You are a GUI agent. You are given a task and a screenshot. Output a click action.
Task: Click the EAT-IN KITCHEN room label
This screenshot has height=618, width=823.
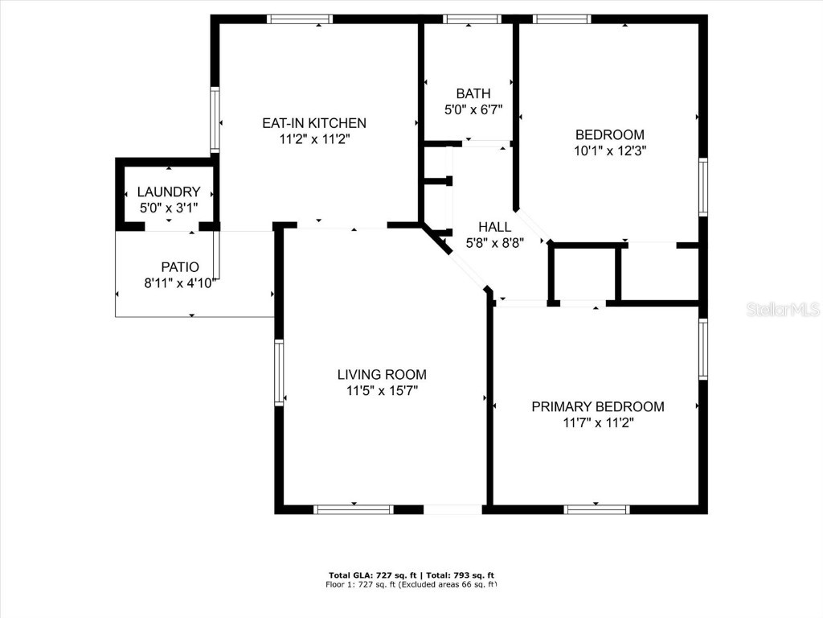pyautogui.click(x=314, y=123)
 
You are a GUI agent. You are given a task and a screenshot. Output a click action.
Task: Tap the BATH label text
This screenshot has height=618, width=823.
pyautogui.click(x=473, y=94)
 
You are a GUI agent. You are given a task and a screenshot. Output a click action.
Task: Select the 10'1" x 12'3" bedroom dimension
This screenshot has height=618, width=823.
pyautogui.click(x=610, y=150)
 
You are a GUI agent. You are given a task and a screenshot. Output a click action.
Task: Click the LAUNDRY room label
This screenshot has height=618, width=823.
pyautogui.click(x=168, y=192)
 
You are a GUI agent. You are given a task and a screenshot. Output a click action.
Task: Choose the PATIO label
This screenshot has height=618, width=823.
pyautogui.click(x=180, y=267)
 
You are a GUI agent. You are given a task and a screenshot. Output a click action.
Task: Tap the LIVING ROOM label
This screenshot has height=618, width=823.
pyautogui.click(x=382, y=374)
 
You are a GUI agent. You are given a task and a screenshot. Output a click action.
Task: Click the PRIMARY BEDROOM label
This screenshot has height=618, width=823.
pyautogui.click(x=598, y=406)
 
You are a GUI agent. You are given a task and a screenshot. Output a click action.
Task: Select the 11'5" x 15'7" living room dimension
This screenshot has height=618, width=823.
pyautogui.click(x=382, y=390)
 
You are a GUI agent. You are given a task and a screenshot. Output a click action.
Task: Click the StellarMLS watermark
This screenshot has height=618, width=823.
pyautogui.click(x=782, y=309)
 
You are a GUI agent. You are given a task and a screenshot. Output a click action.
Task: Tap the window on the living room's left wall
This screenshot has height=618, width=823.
pyautogui.click(x=279, y=372)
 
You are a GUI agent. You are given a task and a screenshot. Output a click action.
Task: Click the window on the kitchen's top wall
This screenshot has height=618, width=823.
pyautogui.click(x=300, y=19)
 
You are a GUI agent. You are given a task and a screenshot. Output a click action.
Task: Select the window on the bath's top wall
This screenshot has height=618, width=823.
pyautogui.click(x=472, y=19)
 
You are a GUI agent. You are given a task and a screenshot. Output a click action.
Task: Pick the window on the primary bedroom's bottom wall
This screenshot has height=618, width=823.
pyautogui.click(x=596, y=509)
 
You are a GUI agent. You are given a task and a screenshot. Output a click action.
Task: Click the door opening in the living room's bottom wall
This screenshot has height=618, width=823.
pyautogui.click(x=452, y=509)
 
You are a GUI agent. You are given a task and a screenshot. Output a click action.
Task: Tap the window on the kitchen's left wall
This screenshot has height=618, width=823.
pyautogui.click(x=215, y=119)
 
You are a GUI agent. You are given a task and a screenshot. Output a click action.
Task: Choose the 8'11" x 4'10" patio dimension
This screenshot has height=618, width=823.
pyautogui.click(x=180, y=282)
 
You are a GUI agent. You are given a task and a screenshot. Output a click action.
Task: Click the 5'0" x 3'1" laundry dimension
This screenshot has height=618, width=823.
pyautogui.click(x=168, y=207)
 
